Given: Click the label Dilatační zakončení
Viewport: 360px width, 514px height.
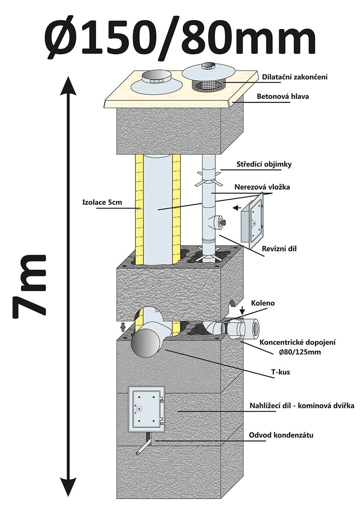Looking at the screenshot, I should [295, 77].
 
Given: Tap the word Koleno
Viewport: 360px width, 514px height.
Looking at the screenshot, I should [263, 303].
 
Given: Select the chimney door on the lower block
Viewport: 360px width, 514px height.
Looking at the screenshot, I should [146, 409].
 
